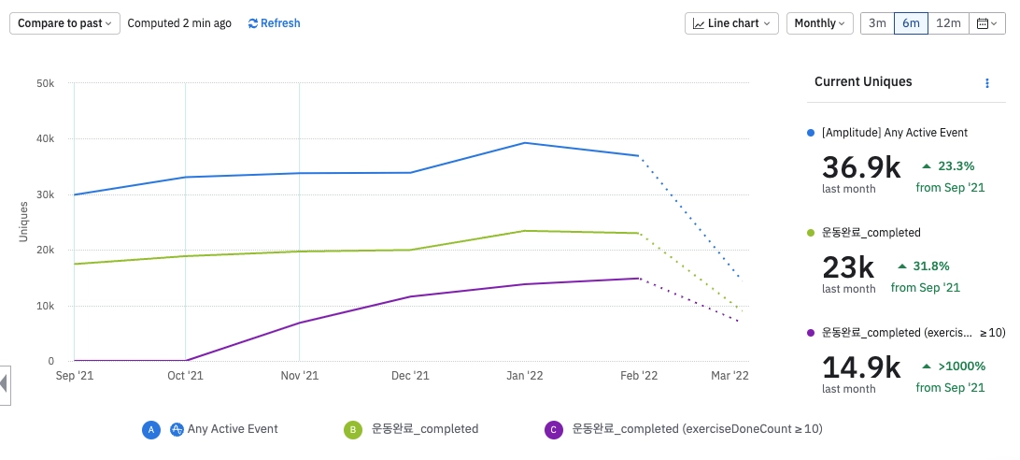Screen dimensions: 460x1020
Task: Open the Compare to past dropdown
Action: point(64,23)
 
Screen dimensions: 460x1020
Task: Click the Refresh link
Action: point(275,23)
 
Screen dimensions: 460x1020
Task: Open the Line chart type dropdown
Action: point(731,23)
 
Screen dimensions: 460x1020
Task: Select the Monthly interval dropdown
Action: point(819,23)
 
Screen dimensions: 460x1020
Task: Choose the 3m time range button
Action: point(877,23)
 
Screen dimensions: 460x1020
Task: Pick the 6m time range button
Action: point(911,23)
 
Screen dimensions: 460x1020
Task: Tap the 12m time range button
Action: point(948,23)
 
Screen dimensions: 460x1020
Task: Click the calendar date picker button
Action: point(985,23)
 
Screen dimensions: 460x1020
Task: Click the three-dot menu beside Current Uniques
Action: point(987,83)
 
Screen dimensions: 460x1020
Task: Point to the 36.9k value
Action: point(861,167)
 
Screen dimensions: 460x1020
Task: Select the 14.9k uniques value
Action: point(861,367)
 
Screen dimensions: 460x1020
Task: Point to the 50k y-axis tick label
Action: point(45,84)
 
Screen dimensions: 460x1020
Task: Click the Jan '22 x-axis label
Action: point(524,376)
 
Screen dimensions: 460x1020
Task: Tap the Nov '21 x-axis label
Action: point(299,376)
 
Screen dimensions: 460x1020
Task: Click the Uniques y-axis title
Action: point(23,223)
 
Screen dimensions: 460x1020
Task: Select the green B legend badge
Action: point(353,430)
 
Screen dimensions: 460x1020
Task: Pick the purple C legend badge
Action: point(553,430)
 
